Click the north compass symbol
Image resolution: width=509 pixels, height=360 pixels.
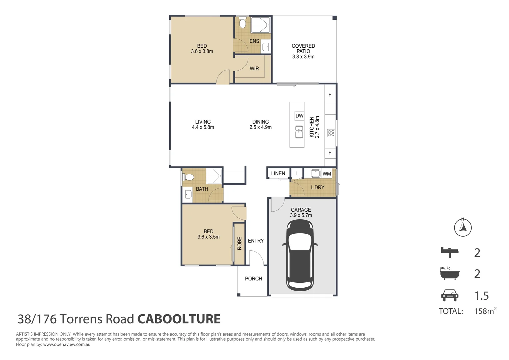(x=463, y=228)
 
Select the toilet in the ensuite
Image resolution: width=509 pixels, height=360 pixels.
(x=243, y=23)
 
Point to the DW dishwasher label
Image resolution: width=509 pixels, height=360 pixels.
(x=299, y=116)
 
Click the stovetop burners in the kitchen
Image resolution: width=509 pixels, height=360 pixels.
(x=331, y=133)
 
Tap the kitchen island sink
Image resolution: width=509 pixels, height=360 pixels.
(x=299, y=132)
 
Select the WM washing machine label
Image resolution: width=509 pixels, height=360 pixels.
(x=327, y=174)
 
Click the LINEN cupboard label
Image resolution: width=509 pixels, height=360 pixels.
(x=278, y=173)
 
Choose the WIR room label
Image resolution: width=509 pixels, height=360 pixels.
(x=254, y=68)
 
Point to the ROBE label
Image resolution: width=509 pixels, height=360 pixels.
(x=240, y=243)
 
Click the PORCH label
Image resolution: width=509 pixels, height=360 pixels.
(x=254, y=279)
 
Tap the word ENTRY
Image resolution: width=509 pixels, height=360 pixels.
(x=256, y=241)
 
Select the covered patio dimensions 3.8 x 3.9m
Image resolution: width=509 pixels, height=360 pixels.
(x=303, y=57)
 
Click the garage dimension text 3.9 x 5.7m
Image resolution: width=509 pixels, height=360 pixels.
(x=301, y=215)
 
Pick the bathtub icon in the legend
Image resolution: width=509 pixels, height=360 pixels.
(x=449, y=273)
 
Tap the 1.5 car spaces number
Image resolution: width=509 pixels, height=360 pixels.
(x=482, y=296)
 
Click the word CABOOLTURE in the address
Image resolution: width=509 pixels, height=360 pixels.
(x=179, y=319)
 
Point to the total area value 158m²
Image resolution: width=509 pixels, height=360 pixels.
(x=485, y=311)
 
